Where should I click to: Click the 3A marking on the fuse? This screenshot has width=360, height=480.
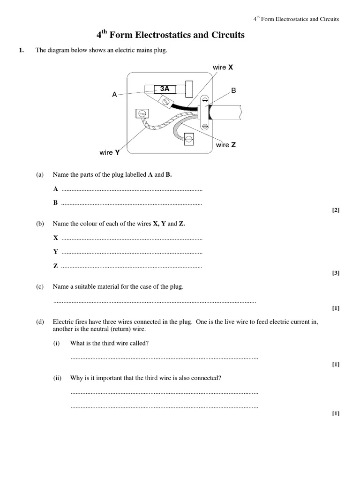[x=165, y=88]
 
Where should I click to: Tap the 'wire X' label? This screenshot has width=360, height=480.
[x=223, y=67]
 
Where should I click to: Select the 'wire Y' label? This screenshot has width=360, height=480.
[x=110, y=152]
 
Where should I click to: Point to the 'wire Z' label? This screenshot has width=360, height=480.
[x=226, y=145]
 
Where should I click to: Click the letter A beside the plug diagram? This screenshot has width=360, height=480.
[x=114, y=95]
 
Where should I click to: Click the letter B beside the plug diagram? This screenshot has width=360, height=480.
[x=233, y=90]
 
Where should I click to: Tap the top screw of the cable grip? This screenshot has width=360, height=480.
[x=205, y=100]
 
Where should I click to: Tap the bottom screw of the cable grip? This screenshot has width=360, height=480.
[x=205, y=125]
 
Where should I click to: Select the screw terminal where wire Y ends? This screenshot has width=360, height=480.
[x=142, y=113]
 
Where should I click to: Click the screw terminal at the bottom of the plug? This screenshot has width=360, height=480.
[x=188, y=138]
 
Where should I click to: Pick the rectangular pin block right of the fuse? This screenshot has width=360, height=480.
[x=190, y=88]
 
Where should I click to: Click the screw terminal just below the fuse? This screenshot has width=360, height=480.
[x=165, y=100]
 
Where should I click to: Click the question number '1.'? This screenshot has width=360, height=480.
[x=21, y=51]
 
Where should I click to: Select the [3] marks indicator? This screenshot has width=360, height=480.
[x=335, y=273]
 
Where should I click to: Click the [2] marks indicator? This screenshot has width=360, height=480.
[x=335, y=210]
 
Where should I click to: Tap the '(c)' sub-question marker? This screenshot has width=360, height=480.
[x=40, y=286]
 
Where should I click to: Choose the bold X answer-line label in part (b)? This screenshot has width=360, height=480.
[x=56, y=238]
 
